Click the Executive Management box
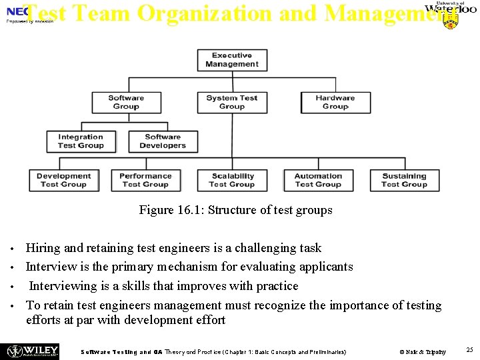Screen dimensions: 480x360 click(232, 60)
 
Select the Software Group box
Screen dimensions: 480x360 click(126, 102)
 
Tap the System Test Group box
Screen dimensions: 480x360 click(232, 102)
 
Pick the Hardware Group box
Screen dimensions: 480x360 click(335, 102)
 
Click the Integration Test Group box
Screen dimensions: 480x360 click(81, 141)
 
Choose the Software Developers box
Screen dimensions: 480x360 click(163, 141)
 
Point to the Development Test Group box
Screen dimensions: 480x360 click(64, 180)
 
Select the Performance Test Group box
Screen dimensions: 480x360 click(145, 180)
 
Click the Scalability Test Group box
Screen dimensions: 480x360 click(232, 180)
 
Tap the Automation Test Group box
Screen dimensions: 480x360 click(318, 180)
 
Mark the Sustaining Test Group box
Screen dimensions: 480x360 click(404, 180)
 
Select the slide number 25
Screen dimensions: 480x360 click(469, 350)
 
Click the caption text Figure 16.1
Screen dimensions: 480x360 click(235, 210)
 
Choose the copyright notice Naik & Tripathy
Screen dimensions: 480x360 click(423, 351)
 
